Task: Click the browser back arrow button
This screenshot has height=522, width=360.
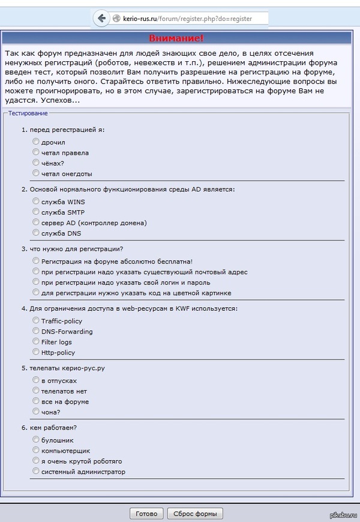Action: (x=102, y=18)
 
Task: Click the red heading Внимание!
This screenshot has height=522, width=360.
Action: (x=176, y=38)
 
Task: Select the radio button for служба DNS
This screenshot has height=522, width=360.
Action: (x=36, y=232)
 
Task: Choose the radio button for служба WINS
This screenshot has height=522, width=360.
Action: (x=36, y=201)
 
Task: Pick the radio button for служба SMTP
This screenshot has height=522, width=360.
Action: (x=36, y=211)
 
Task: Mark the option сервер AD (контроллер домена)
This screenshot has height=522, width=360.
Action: (x=36, y=222)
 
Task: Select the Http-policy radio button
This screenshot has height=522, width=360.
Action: (x=36, y=352)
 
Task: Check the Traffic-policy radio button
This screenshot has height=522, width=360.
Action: (x=36, y=320)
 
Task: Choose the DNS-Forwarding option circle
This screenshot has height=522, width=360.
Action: (x=36, y=331)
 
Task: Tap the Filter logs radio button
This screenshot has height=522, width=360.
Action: (x=36, y=341)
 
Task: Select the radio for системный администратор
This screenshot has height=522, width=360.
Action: (x=36, y=471)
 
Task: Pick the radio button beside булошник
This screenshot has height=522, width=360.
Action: (x=36, y=439)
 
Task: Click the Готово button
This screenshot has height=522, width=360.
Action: (x=146, y=514)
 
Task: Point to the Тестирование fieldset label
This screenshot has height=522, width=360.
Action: (x=28, y=113)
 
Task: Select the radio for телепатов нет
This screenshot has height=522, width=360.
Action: (x=36, y=391)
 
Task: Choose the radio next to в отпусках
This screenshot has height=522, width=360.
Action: (x=36, y=380)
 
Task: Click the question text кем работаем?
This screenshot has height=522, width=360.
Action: (x=56, y=427)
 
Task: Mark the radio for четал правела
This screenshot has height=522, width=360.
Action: (x=36, y=152)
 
